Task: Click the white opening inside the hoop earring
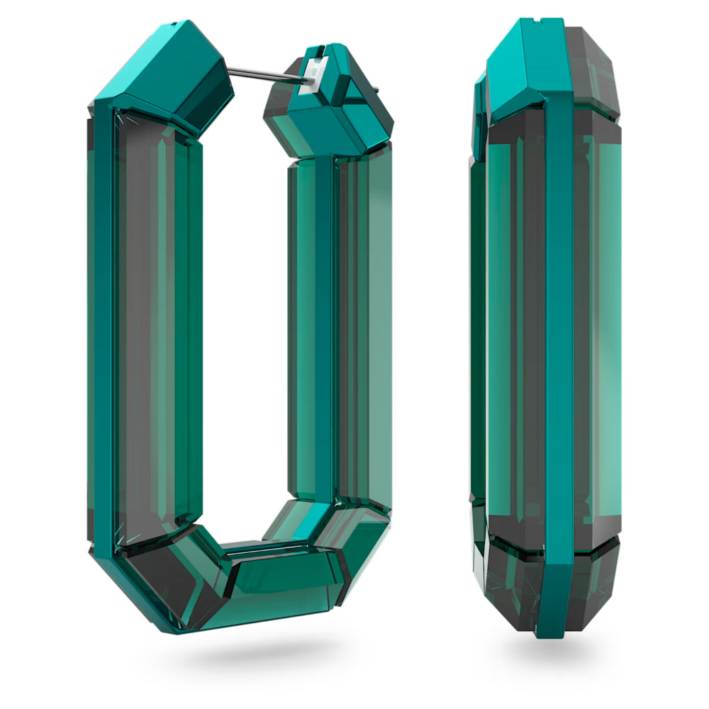[245, 319]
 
